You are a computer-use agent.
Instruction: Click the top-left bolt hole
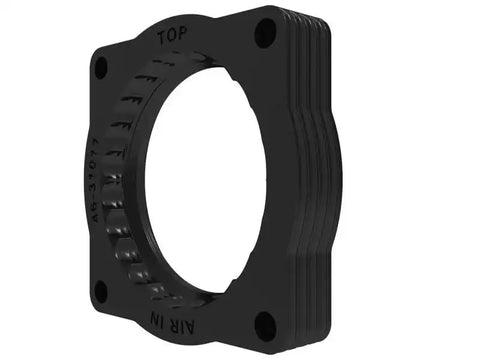click(100, 67)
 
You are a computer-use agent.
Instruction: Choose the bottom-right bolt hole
click(265, 323)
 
